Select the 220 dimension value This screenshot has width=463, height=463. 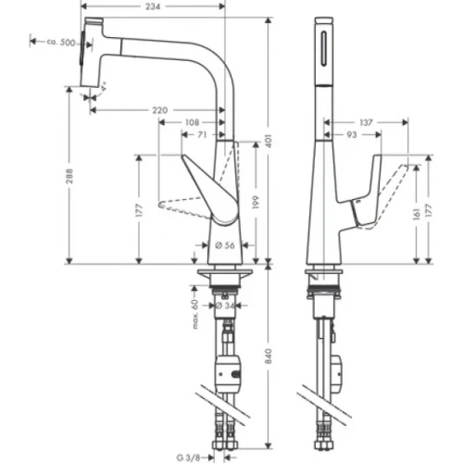[x=159, y=110]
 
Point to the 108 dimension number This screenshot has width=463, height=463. [x=192, y=122]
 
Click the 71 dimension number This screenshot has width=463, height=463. [x=201, y=135]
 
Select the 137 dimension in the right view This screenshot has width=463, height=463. [x=366, y=122]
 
